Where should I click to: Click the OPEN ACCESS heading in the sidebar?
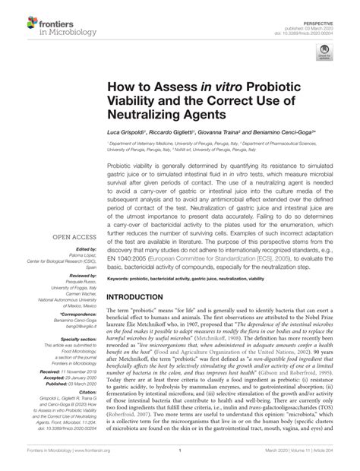coord(73,216)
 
